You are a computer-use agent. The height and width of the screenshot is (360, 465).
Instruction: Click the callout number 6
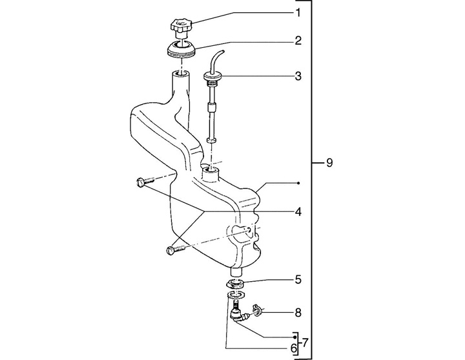pyautogui.click(x=293, y=348)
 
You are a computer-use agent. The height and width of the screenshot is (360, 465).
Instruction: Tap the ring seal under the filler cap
pyautogui.click(x=180, y=49)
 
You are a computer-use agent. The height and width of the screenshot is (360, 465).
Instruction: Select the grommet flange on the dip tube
pyautogui.click(x=214, y=78)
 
